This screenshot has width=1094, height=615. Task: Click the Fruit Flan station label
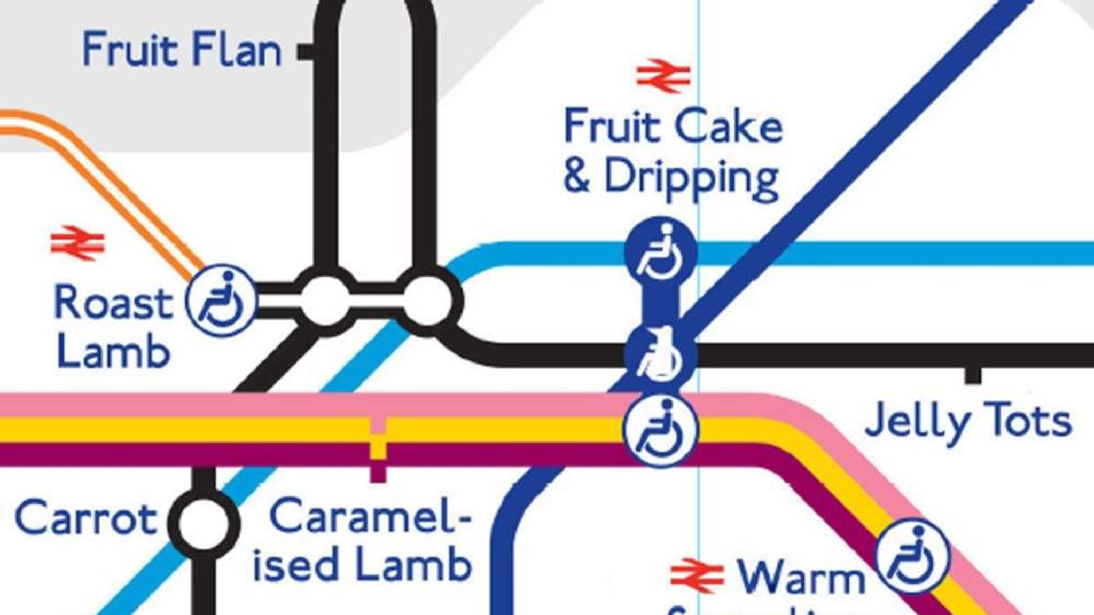pyautogui.click(x=182, y=50)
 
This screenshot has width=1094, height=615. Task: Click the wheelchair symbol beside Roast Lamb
pyautogui.click(x=221, y=300)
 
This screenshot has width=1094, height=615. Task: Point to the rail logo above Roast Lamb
pyautogui.click(x=78, y=243)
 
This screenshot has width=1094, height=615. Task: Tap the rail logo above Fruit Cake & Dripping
pyautogui.click(x=663, y=76)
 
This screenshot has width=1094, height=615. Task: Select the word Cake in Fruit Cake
pyautogui.click(x=729, y=128)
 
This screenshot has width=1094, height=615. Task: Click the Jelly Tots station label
pyautogui.click(x=968, y=422)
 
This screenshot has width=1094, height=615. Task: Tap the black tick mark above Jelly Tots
pyautogui.click(x=973, y=376)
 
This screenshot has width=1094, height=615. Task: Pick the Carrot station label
pyautogui.click(x=85, y=519)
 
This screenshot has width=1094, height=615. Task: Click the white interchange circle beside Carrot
pyautogui.click(x=203, y=523)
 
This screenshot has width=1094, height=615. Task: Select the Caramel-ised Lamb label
pyautogui.click(x=363, y=540)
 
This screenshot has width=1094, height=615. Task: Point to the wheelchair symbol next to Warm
pyautogui.click(x=912, y=557)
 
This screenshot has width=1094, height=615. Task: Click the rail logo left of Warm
pyautogui.click(x=697, y=575)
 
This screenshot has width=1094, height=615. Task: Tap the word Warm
pyautogui.click(x=801, y=578)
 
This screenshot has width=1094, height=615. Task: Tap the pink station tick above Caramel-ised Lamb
pyautogui.click(x=378, y=425)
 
